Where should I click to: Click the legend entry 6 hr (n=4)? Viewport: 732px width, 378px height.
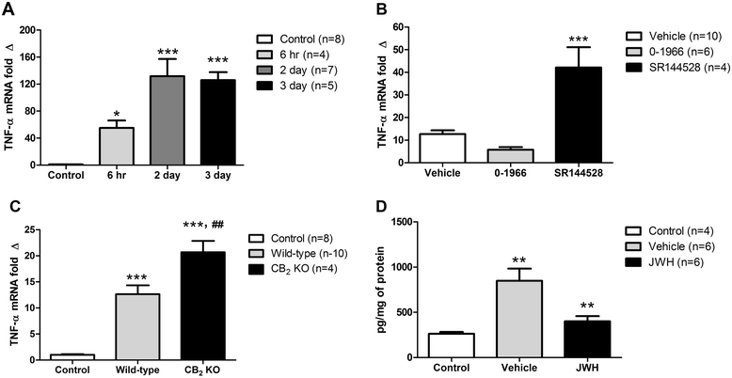coord(298,55)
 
